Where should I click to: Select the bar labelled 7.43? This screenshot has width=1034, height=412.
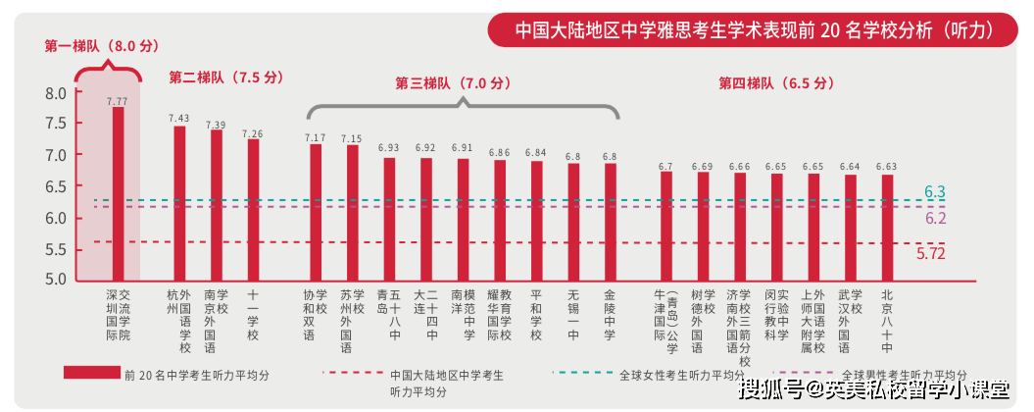pos(179,203)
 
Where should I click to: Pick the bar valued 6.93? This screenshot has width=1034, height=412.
pos(389,219)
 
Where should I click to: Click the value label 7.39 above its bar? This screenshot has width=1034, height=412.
pos(216,125)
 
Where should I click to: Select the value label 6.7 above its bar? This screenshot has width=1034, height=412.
pos(666,167)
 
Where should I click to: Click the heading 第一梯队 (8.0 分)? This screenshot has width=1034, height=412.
pos(102,46)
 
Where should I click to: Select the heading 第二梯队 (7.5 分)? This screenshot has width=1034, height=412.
pos(225,77)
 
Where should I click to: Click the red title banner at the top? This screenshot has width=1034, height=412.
pos(753,29)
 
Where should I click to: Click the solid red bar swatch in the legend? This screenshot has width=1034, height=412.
pos(91,373)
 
